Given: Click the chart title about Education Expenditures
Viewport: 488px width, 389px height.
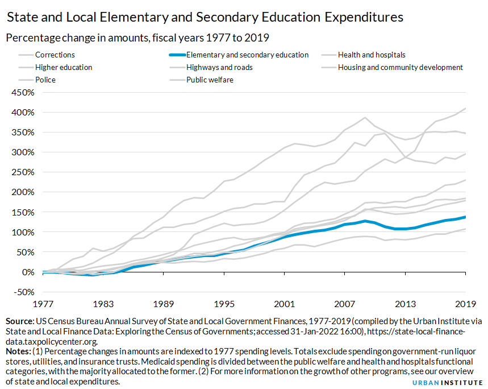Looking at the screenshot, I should (x=205, y=18).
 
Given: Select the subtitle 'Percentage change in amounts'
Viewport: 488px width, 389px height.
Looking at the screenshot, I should (x=137, y=38).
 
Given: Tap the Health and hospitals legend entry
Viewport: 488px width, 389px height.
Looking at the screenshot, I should (x=371, y=55).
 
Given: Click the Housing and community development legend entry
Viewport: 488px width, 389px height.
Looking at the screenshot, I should (x=400, y=68).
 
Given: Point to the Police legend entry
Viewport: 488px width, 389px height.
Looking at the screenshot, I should (x=45, y=80).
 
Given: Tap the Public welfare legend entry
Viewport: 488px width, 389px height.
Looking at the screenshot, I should (x=210, y=80).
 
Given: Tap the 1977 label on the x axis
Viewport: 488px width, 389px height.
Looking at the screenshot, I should (x=43, y=303).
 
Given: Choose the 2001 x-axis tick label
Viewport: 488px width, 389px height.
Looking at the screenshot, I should (x=284, y=303).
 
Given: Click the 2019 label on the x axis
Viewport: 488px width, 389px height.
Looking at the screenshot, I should (x=465, y=303).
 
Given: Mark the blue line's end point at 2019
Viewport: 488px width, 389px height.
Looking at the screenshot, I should (x=465, y=217).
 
